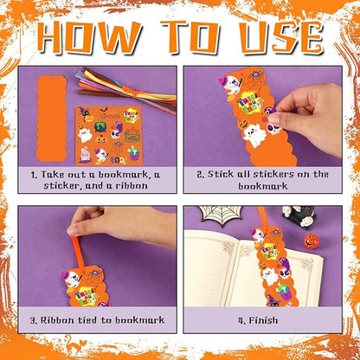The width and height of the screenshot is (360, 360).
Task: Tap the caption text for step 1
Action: (97, 179)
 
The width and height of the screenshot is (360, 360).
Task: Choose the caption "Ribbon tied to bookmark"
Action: (97, 319)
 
